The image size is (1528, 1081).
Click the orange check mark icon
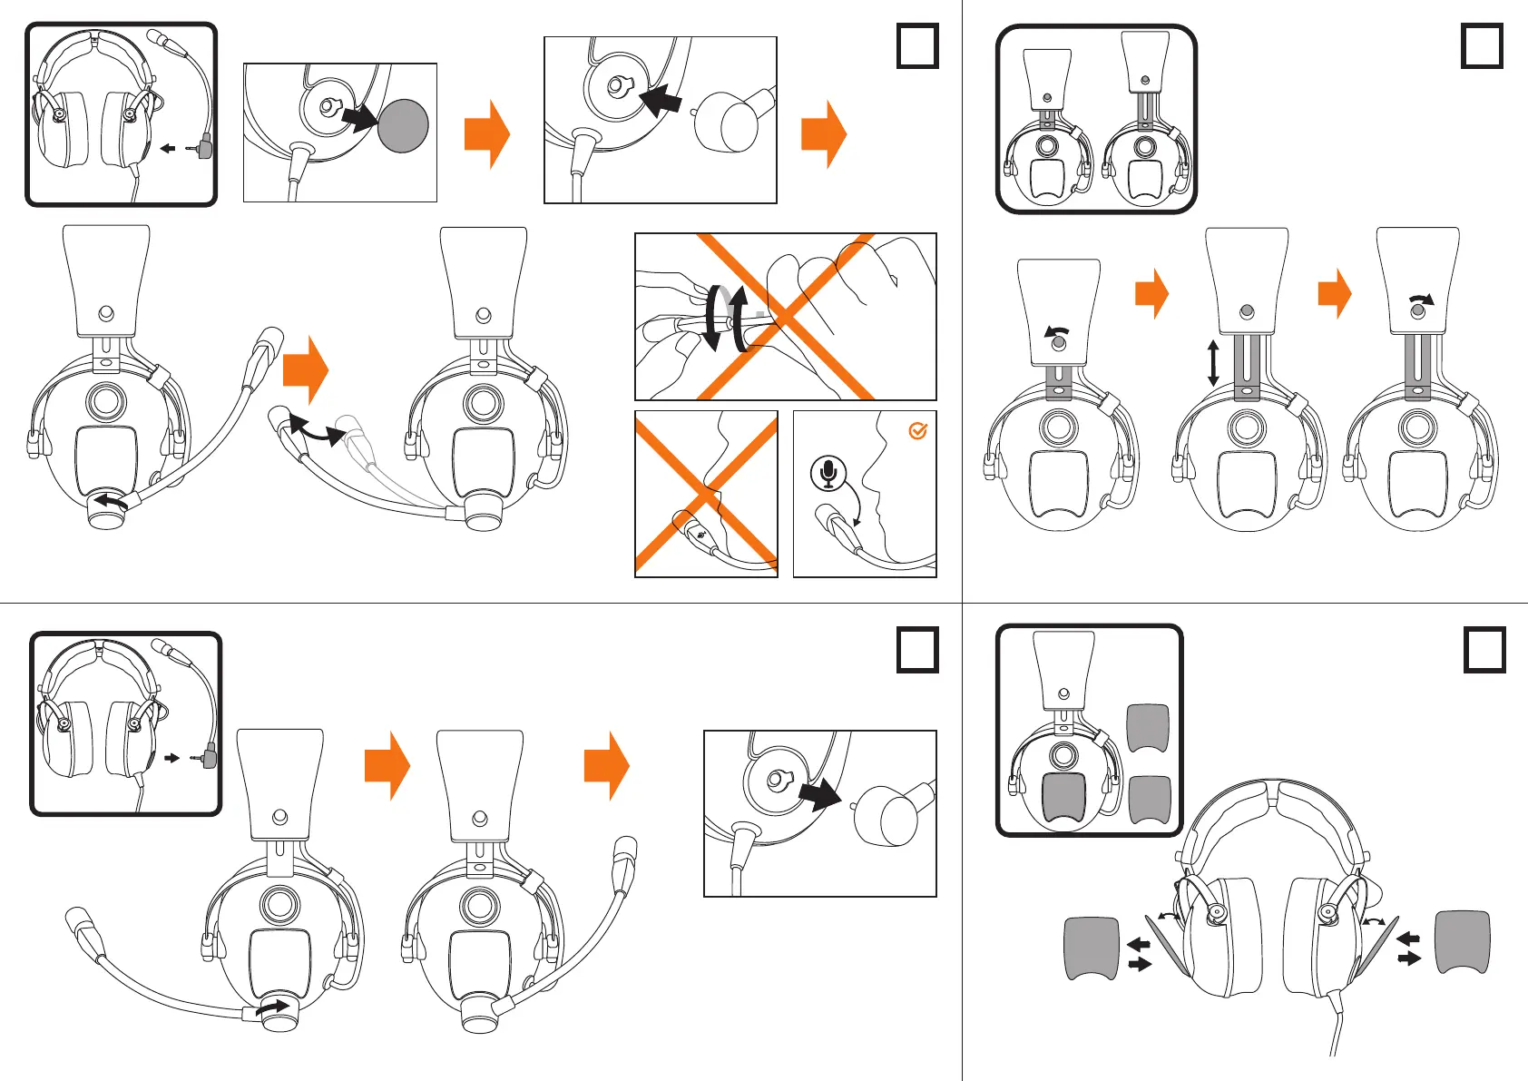pyautogui.click(x=917, y=431)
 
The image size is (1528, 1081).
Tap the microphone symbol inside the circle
pyautogui.click(x=828, y=473)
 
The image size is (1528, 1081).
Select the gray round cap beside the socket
pyautogui.click(x=403, y=125)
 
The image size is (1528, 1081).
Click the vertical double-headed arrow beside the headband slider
pyautogui.click(x=1213, y=363)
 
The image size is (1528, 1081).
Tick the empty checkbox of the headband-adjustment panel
pyautogui.click(x=1483, y=46)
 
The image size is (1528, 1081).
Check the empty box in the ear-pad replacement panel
pyautogui.click(x=1484, y=650)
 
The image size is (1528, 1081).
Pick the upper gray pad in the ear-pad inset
pyautogui.click(x=1148, y=727)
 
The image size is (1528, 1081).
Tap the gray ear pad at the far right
pyautogui.click(x=1462, y=942)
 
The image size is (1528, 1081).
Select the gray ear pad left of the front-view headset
pyautogui.click(x=1091, y=948)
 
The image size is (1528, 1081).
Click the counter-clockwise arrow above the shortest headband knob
pyautogui.click(x=1056, y=331)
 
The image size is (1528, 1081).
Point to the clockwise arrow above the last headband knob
pyautogui.click(x=1421, y=299)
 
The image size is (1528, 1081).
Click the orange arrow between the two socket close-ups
pyautogui.click(x=487, y=134)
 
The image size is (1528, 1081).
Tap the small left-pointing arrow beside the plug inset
pyautogui.click(x=168, y=148)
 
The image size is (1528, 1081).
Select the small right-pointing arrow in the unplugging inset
pyautogui.click(x=172, y=757)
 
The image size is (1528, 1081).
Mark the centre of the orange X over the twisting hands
pyautogui.click(x=784, y=316)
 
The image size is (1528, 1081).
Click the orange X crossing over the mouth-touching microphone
pyautogui.click(x=706, y=494)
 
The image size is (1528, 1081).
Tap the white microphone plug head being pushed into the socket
pyautogui.click(x=725, y=122)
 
